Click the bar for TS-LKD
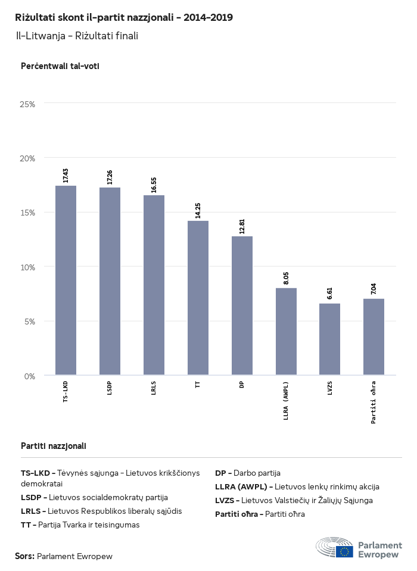click(x=66, y=280)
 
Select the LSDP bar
click(x=110, y=282)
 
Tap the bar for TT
click(x=198, y=298)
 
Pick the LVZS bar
click(x=329, y=339)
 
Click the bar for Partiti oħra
click(x=374, y=337)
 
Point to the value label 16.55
click(x=154, y=184)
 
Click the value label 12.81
click(x=242, y=225)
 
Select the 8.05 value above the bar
click(x=286, y=277)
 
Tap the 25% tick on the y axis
click(x=27, y=104)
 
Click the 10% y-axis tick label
click(x=27, y=267)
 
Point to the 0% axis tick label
click(x=30, y=376)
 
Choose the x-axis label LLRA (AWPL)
click(x=286, y=401)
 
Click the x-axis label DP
click(x=242, y=385)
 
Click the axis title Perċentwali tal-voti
click(x=60, y=66)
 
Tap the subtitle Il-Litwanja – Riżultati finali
click(x=77, y=36)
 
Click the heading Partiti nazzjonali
click(x=54, y=445)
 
